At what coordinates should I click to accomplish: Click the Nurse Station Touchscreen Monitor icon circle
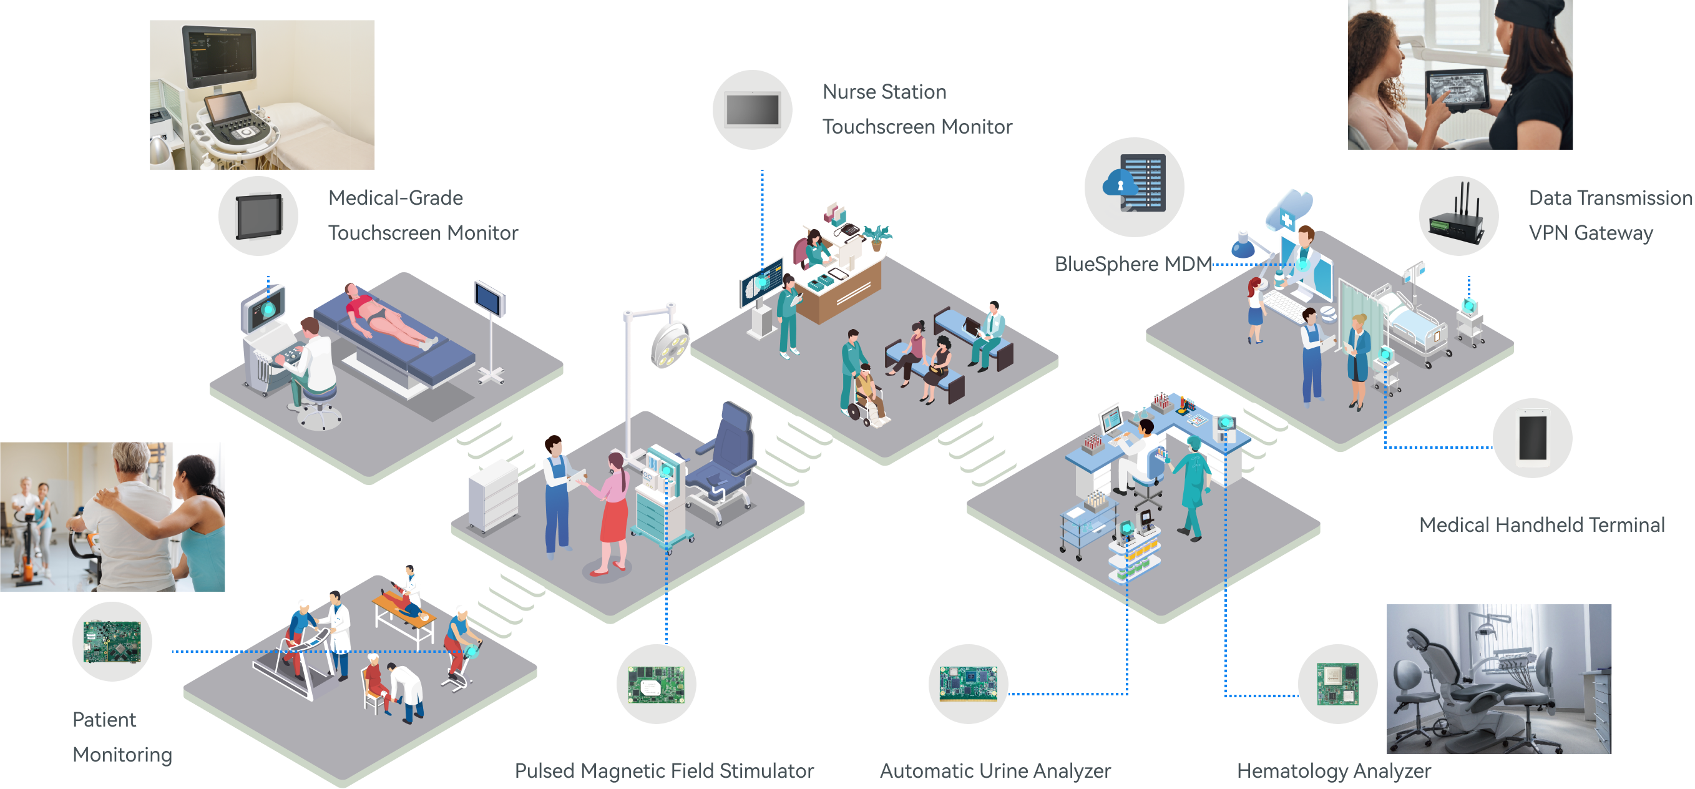tap(752, 110)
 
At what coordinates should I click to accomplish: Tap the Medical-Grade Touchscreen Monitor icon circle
tap(258, 216)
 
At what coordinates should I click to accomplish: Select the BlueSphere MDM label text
tap(1133, 264)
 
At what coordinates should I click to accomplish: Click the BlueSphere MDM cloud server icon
tap(1134, 186)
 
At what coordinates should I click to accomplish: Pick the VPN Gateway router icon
tap(1458, 216)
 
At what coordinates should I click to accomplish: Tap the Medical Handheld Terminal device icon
tap(1533, 438)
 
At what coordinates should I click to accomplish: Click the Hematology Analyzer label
tap(1334, 770)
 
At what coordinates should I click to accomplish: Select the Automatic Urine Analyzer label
tap(995, 770)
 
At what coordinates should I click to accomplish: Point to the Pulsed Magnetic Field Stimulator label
tap(664, 770)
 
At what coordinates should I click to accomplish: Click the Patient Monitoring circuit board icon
tap(112, 642)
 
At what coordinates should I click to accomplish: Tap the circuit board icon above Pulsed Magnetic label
tap(656, 684)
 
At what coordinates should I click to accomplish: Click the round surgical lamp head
tap(669, 343)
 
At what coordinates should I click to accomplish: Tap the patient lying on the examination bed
tap(388, 316)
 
